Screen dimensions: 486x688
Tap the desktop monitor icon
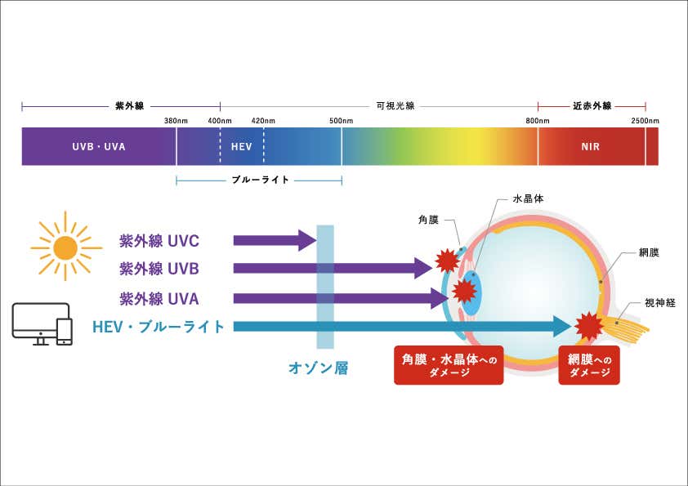coord(34,322)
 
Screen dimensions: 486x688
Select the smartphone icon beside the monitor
coord(65,330)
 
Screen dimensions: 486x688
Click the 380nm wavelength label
coord(176,121)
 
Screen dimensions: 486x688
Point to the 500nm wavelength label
coord(342,121)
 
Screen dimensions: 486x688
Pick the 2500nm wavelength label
coord(646,121)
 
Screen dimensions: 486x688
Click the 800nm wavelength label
coord(538,121)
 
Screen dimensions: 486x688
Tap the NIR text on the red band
coord(590,148)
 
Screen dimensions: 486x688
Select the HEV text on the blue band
coord(241,148)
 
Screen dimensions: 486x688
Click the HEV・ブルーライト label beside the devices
coord(159,327)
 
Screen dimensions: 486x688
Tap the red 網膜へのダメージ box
coord(588,364)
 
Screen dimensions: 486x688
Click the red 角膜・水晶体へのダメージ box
coord(449,364)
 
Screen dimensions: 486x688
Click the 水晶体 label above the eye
coord(528,198)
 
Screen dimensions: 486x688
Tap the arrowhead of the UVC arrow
coord(307,240)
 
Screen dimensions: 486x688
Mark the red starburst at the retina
coord(589,325)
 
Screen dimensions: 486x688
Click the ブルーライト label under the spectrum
coord(261,180)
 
